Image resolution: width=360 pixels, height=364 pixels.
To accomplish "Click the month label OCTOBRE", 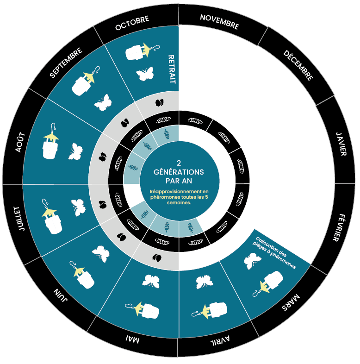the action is [132, 23].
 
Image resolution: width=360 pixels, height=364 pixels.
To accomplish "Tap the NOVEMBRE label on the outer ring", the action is [219, 22].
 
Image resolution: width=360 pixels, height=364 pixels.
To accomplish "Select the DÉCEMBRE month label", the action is [298, 66].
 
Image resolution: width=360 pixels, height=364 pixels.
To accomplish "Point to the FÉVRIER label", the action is [339, 227].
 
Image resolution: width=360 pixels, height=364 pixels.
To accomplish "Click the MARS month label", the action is [291, 302].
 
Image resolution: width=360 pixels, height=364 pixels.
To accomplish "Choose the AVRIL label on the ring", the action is [220, 340].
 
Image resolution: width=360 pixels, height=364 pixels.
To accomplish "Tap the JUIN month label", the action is [61, 295].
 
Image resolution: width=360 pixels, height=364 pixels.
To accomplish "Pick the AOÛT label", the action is [20, 142].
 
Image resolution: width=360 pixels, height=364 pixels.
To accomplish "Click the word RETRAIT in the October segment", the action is [172, 69].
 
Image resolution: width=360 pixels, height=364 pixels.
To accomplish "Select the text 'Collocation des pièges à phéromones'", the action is [274, 253].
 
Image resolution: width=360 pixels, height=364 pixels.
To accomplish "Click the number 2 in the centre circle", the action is [179, 163].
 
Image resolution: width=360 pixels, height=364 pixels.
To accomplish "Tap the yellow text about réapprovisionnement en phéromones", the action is [179, 197].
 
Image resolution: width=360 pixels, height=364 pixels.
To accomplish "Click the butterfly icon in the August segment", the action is [75, 151].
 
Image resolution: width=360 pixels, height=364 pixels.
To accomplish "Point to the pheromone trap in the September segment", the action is [85, 81].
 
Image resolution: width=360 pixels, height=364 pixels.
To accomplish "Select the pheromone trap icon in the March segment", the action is [268, 283].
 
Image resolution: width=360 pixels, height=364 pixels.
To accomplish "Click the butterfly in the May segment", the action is [151, 282].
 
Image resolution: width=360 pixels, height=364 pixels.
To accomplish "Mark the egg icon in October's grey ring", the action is [159, 102].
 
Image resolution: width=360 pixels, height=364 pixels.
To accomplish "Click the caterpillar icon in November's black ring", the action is [195, 121].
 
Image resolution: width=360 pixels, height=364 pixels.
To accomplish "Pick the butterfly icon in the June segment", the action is [101, 254].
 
